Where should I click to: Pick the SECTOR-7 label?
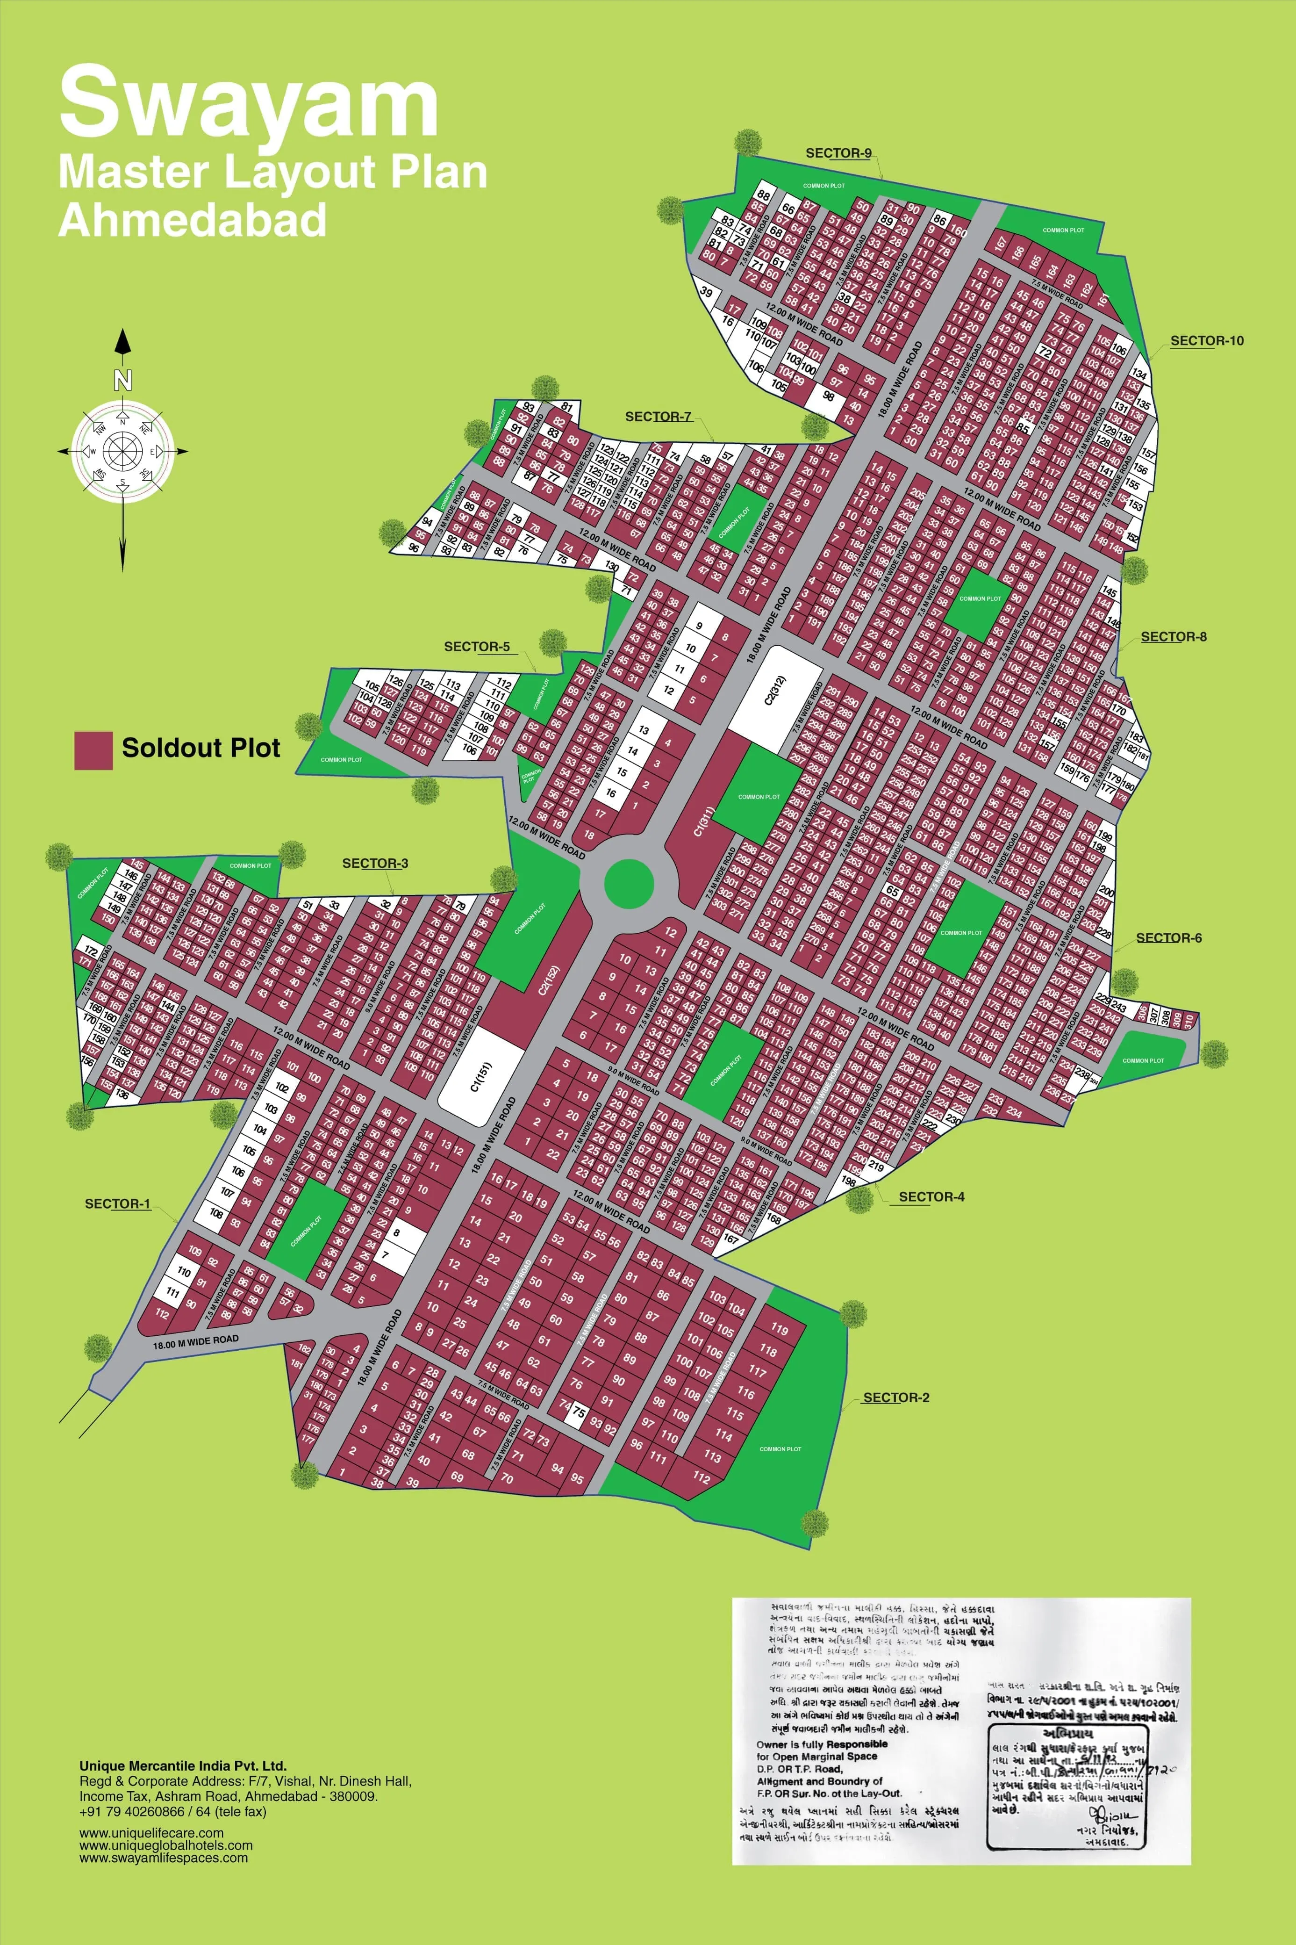point(658,417)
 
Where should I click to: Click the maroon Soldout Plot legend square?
point(93,750)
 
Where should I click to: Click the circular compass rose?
point(122,451)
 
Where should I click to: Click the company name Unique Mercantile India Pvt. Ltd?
point(183,1765)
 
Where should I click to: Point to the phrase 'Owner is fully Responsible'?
point(822,1743)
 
